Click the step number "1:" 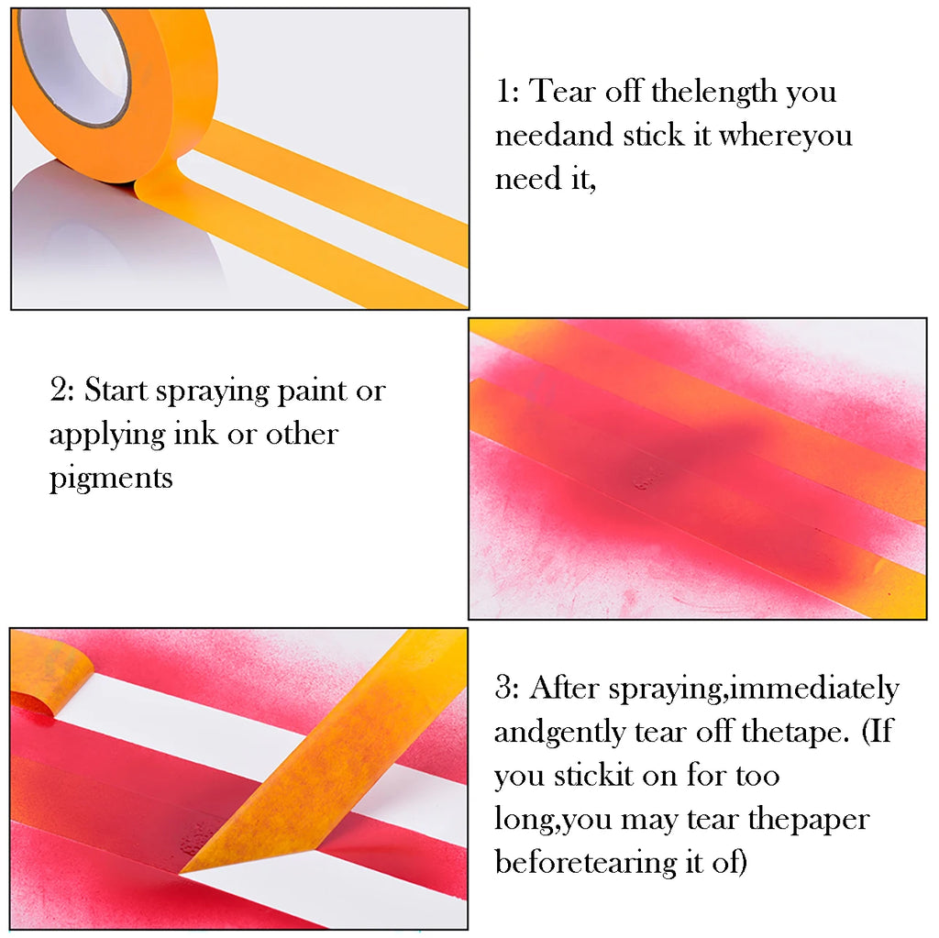point(509,92)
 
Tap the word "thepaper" point(808,819)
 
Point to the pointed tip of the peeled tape point(183,870)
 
